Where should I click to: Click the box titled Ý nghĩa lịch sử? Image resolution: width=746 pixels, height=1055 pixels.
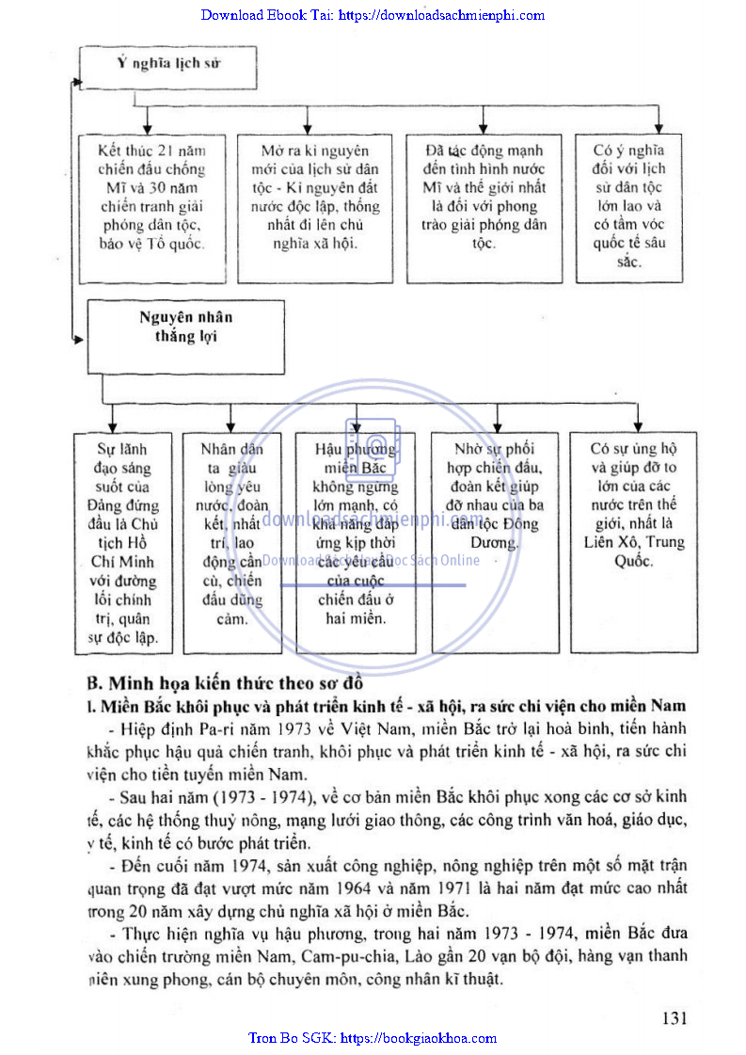(168, 65)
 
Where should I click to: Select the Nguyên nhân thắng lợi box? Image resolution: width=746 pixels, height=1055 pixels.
(185, 334)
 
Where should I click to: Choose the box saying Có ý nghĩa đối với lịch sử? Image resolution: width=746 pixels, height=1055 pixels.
(629, 206)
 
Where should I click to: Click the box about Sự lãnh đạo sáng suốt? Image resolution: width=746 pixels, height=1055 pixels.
(123, 542)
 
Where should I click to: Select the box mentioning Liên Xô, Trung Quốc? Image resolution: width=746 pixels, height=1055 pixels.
(633, 542)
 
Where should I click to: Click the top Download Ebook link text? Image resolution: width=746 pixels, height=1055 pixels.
(373, 14)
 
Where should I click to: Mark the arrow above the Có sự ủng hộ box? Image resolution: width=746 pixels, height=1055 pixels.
(637, 425)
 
